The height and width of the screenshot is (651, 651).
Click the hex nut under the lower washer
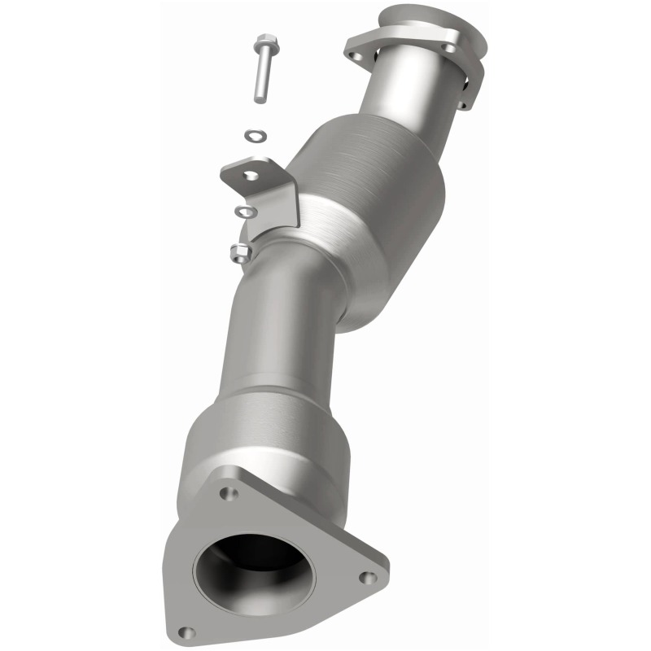coord(240,252)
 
